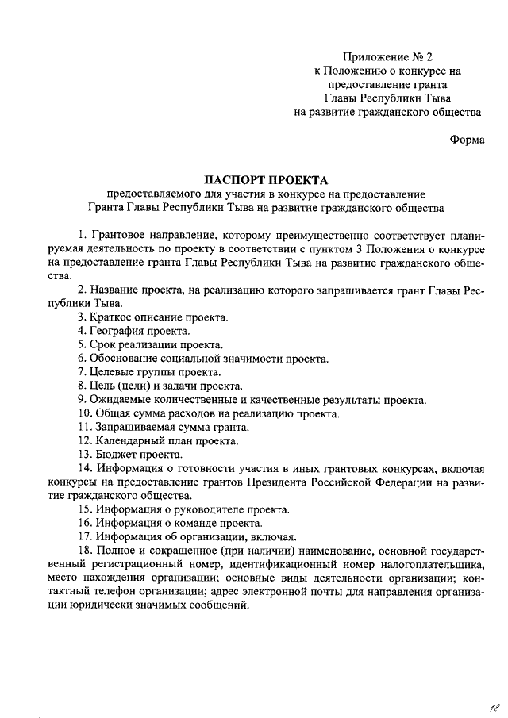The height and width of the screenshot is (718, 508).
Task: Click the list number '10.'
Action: click(86, 413)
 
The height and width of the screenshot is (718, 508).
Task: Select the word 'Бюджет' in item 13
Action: click(115, 455)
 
